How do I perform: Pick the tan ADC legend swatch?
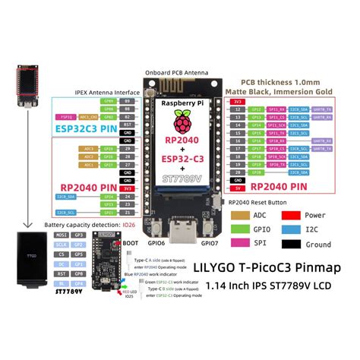242,215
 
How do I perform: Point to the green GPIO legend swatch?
242,230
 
